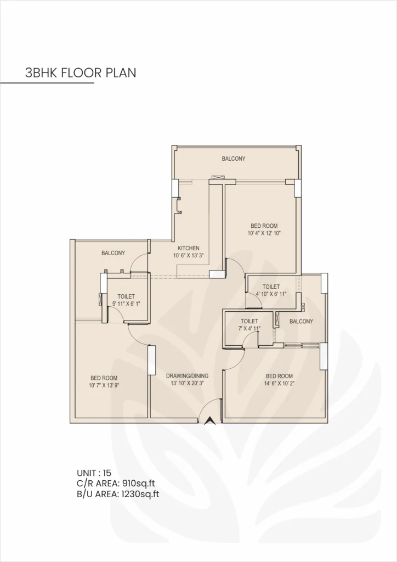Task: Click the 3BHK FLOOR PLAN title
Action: coord(80,72)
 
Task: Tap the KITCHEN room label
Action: coord(188,248)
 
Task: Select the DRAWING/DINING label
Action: coord(187,376)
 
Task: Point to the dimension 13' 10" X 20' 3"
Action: coord(187,384)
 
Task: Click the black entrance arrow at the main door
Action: coord(209,421)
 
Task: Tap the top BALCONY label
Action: coord(234,159)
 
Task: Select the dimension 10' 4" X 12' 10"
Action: coord(264,233)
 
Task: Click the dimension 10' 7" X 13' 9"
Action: coord(104,385)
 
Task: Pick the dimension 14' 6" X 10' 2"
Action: coord(279,384)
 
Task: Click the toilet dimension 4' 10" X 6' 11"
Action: coord(271,294)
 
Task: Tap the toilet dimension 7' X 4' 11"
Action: coord(249,329)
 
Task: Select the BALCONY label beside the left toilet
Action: coord(113,253)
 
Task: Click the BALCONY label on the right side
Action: coord(301,322)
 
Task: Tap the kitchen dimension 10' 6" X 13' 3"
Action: coord(188,255)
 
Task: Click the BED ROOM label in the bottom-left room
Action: coord(104,378)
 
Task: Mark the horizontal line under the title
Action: coord(47,83)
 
